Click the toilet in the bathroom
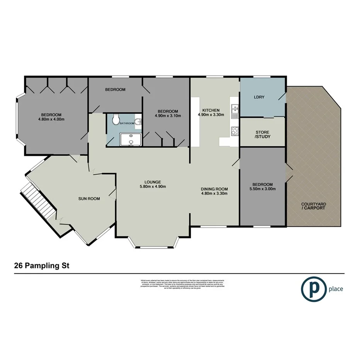[x=115, y=121]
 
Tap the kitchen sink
[x=234, y=111]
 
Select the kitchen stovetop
[x=234, y=131]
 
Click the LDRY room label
[x=259, y=97]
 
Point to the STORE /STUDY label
[x=263, y=134]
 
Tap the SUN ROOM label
[x=89, y=199]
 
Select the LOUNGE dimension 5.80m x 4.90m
[x=153, y=187]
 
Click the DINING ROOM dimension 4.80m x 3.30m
[x=214, y=194]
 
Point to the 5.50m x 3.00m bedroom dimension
[x=263, y=189]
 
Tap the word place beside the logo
[x=336, y=289]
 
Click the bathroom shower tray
[x=131, y=140]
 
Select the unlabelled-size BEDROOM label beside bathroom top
[x=115, y=90]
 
